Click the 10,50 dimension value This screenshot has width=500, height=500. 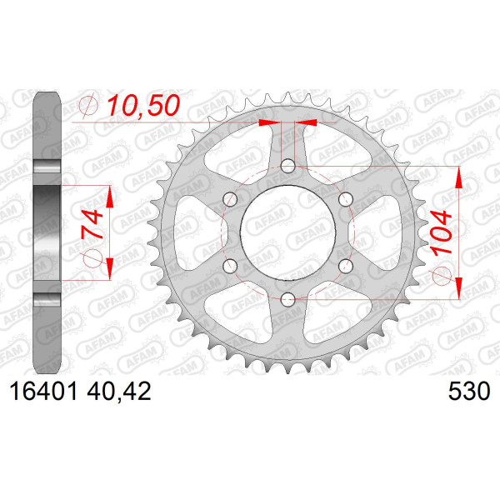click(x=143, y=106)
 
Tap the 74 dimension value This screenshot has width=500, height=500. click(x=92, y=224)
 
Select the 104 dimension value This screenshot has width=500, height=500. click(x=441, y=232)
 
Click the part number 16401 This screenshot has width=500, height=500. click(x=43, y=392)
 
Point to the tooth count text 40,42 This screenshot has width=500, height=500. click(x=118, y=392)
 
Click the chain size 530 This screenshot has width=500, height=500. click(x=469, y=392)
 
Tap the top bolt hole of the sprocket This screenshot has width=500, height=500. click(x=288, y=166)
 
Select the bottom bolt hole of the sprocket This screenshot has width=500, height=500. click(x=288, y=298)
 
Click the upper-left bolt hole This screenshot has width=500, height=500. click(x=230, y=199)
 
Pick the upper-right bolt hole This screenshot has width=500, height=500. click(x=346, y=199)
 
